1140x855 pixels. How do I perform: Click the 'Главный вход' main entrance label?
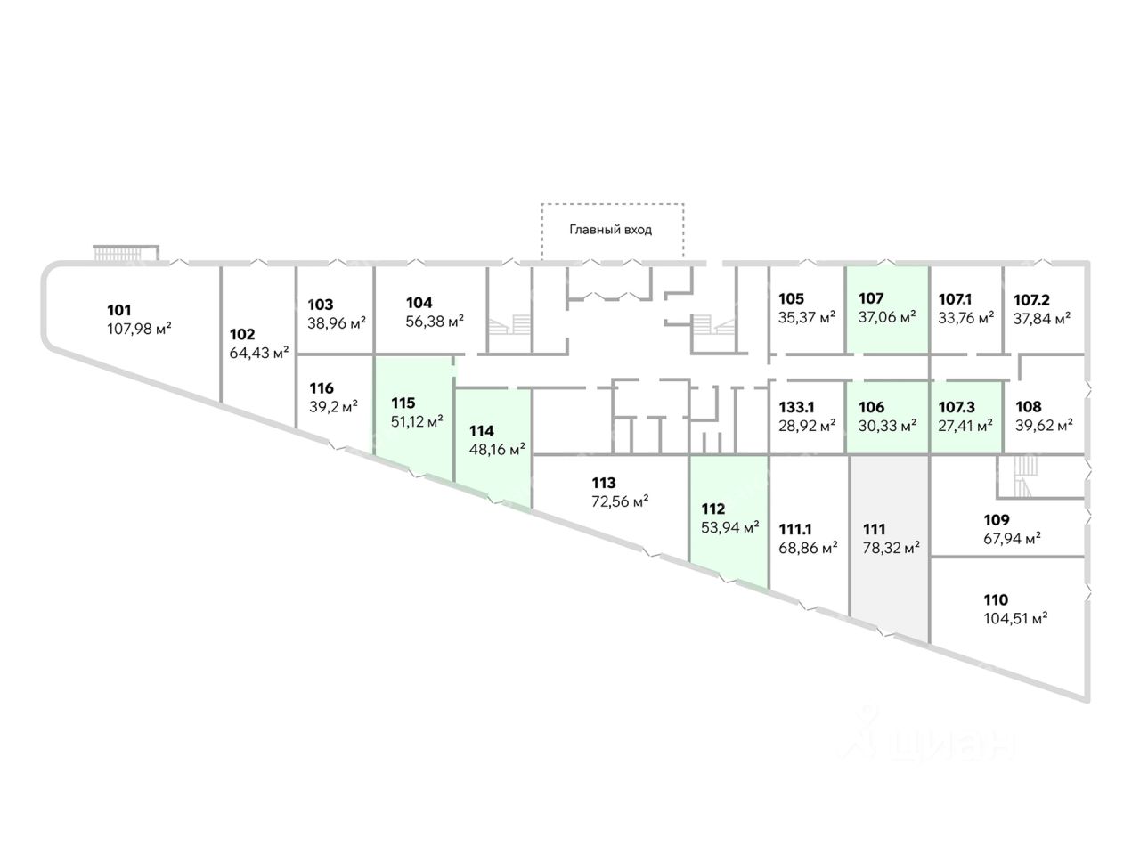coord(611,230)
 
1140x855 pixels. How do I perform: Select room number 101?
coord(119,311)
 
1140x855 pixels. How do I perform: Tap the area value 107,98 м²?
coord(138,329)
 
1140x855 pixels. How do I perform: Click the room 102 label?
coord(242,335)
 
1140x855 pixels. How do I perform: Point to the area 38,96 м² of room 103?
coord(337,322)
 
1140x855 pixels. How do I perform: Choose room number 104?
coord(419,302)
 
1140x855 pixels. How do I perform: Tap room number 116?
coord(321,388)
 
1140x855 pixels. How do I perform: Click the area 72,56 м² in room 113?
coord(620,501)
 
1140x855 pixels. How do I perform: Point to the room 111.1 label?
coord(795,529)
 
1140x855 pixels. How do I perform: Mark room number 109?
coord(997,520)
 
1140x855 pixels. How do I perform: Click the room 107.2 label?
coord(1032,299)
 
